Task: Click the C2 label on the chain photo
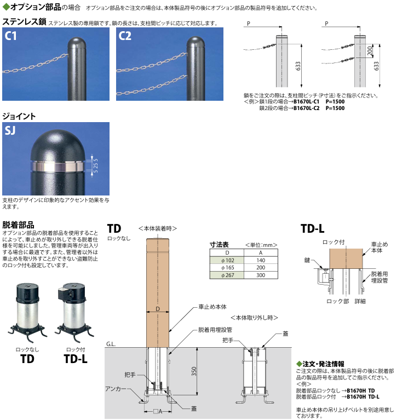[x=125, y=37]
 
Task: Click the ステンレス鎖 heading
[x=24, y=22]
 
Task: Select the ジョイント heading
[x=20, y=116]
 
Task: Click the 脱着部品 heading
[x=18, y=225]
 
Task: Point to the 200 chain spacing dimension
[x=370, y=51]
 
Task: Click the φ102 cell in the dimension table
[x=227, y=261]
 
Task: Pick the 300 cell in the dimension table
[x=261, y=275]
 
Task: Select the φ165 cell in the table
[x=227, y=268]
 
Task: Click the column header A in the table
[x=261, y=253]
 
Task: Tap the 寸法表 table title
[x=220, y=245]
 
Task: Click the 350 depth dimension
[x=194, y=371]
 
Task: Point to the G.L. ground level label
[x=111, y=344]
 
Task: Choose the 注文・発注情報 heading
[x=323, y=364]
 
